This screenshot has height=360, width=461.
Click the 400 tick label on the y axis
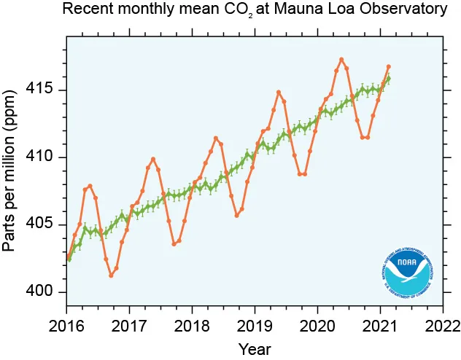(x=47, y=292)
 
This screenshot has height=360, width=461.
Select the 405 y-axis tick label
(x=47, y=224)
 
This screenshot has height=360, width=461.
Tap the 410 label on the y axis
(x=47, y=157)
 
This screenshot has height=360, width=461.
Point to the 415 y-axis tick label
(x=47, y=90)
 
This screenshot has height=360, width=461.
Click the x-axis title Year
(x=255, y=348)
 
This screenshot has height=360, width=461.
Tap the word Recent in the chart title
(x=85, y=10)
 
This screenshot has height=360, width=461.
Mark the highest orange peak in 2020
(x=341, y=59)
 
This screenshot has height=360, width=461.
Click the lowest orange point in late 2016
(x=111, y=275)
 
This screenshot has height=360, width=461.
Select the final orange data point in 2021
(x=389, y=67)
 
